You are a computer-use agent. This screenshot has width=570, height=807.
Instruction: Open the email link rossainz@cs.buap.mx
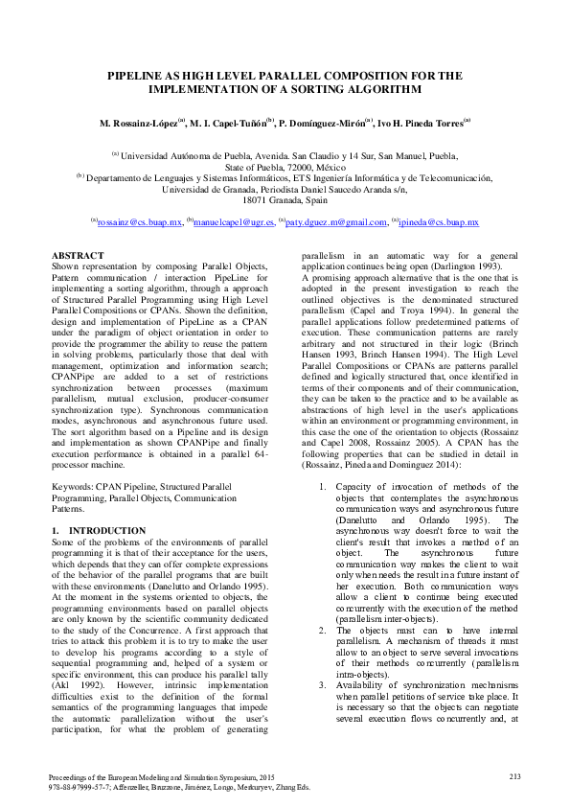(x=140, y=222)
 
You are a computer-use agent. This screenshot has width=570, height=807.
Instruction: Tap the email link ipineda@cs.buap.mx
(x=439, y=222)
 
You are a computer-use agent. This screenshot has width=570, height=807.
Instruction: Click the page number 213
(x=513, y=775)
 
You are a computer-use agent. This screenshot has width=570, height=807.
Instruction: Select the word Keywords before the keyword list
(x=72, y=488)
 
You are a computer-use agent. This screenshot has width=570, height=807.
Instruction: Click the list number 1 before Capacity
(x=321, y=488)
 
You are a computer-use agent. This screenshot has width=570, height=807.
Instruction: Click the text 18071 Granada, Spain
(x=285, y=200)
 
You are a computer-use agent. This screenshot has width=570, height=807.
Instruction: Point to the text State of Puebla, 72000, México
(x=285, y=166)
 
